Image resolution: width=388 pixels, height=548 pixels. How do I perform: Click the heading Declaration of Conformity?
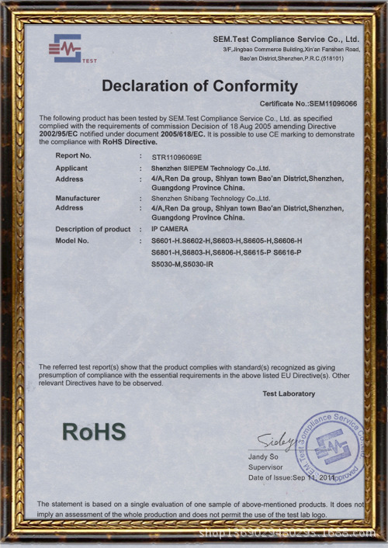[x=199, y=86]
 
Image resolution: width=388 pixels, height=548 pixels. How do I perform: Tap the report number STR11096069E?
[x=177, y=156]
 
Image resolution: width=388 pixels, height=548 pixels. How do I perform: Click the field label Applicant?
[x=71, y=168]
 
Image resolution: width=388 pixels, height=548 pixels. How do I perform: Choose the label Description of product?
[x=93, y=230]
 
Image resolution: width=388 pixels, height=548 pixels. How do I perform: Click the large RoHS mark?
[x=93, y=432]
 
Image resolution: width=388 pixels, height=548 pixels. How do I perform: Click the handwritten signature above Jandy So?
[x=275, y=440]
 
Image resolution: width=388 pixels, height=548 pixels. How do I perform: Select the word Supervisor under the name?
[x=266, y=467]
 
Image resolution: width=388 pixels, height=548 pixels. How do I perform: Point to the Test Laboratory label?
[x=289, y=394]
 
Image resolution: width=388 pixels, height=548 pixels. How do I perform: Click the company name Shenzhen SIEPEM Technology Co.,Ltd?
[x=210, y=168]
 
